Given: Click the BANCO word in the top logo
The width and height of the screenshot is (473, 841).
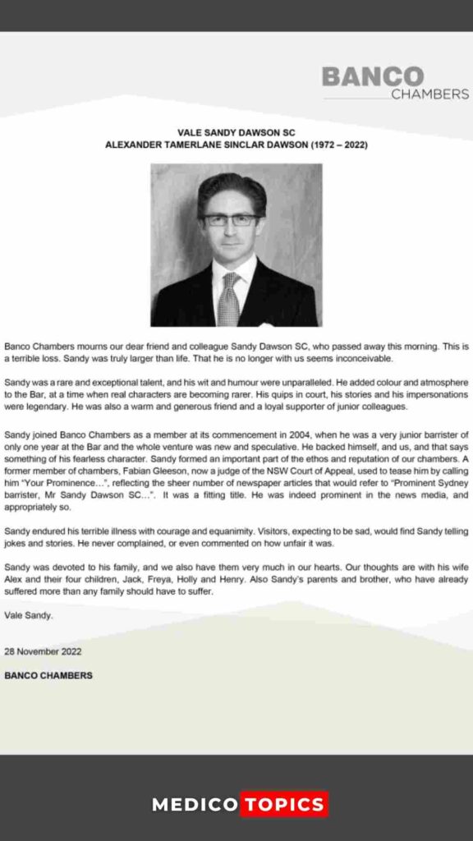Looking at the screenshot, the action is (x=372, y=76).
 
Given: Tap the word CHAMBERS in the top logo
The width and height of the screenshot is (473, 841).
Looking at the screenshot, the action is (x=429, y=94).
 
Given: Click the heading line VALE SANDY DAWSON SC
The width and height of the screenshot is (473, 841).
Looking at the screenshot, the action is (x=236, y=132).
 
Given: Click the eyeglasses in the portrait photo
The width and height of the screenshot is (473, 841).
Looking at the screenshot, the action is (x=231, y=220).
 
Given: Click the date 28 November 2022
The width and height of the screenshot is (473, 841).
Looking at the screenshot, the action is (x=43, y=651).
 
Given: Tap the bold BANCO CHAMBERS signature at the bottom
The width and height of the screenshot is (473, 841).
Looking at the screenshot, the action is (x=48, y=676).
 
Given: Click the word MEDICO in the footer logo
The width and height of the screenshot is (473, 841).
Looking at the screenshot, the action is (x=195, y=805).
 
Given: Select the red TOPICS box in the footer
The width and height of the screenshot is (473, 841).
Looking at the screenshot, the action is (x=283, y=805).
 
